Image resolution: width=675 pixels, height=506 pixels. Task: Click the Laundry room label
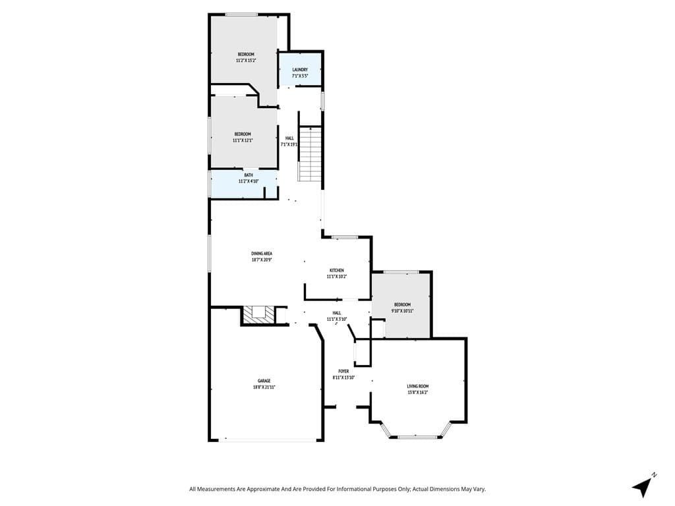(x=300, y=69)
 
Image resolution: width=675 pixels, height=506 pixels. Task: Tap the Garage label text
(x=264, y=381)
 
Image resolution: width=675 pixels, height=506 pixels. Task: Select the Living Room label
(x=418, y=386)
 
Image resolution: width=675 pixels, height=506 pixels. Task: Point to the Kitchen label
(x=337, y=270)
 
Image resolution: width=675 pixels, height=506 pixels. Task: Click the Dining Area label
(x=262, y=253)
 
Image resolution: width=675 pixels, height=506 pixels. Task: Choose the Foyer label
(x=343, y=371)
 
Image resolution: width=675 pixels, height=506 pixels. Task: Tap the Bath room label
(x=249, y=175)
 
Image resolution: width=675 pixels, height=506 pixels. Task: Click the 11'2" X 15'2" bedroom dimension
(x=246, y=61)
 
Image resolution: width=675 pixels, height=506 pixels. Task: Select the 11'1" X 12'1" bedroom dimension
(x=243, y=140)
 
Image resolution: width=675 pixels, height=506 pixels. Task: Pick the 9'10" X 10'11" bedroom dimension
(x=402, y=311)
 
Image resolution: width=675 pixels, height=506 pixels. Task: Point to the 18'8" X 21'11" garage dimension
(x=264, y=387)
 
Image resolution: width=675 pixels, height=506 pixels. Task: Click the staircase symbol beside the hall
(x=310, y=154)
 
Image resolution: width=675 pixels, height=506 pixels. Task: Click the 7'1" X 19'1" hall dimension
(x=289, y=144)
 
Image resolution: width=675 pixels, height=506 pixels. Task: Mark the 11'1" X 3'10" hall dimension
(x=337, y=319)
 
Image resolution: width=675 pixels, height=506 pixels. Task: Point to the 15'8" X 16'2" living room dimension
(x=418, y=393)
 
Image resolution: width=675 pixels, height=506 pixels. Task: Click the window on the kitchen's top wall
(x=344, y=237)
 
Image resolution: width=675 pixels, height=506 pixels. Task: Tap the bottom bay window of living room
(x=417, y=436)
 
